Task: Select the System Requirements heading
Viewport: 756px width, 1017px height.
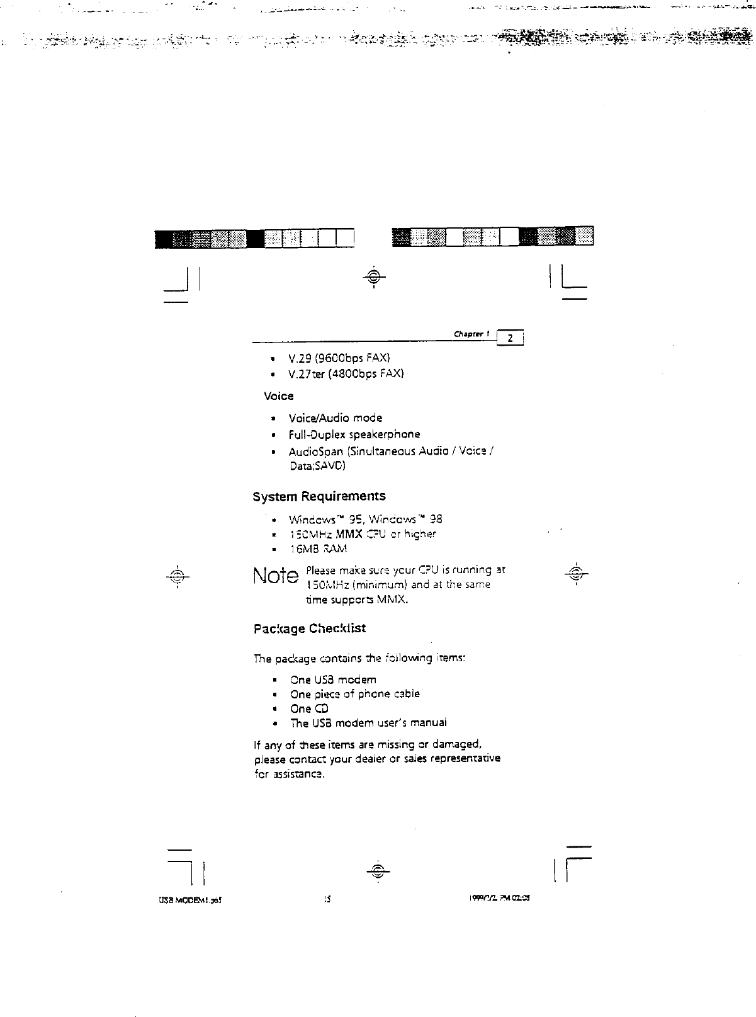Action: click(319, 497)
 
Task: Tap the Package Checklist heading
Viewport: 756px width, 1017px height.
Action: click(309, 629)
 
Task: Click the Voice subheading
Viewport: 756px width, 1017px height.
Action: click(278, 396)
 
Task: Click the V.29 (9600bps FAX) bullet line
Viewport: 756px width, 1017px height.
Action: click(339, 358)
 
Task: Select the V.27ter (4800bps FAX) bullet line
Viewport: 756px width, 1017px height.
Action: click(346, 374)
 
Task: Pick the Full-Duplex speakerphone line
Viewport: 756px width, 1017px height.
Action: click(354, 435)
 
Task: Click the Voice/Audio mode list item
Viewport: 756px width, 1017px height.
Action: click(335, 418)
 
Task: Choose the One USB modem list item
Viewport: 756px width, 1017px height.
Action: click(333, 680)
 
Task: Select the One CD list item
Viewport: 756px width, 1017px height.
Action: click(309, 708)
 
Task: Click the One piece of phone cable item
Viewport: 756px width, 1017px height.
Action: click(354, 694)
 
